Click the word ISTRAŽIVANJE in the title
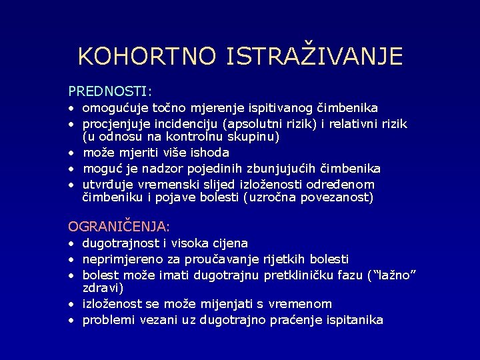point(315,55)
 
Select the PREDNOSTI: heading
point(110,89)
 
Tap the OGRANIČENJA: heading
point(119,227)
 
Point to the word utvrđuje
point(107,184)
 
